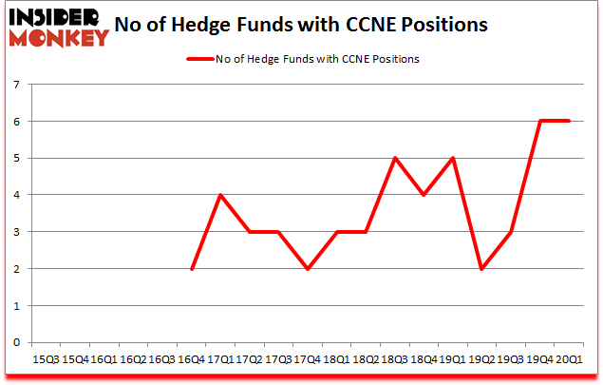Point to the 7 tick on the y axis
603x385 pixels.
[x=17, y=86]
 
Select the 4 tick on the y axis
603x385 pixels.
[x=17, y=196]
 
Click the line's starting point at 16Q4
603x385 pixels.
[x=191, y=269]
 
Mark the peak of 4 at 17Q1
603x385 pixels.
[x=220, y=196]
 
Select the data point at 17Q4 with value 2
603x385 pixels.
[x=308, y=269]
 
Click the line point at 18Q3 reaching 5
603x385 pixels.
[x=394, y=159]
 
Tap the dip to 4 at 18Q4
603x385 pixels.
[x=424, y=196]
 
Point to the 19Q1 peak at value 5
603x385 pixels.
[x=453, y=159]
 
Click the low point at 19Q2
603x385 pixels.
[x=481, y=269]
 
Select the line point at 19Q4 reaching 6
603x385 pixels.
[x=540, y=122]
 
